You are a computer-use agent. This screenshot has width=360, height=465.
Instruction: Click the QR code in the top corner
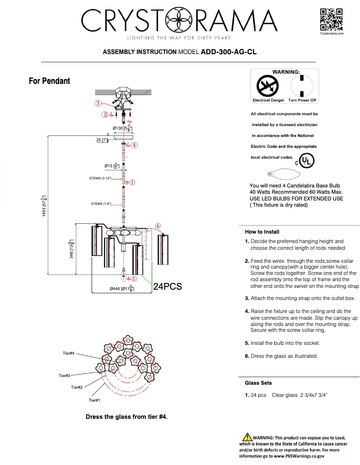(x=332, y=19)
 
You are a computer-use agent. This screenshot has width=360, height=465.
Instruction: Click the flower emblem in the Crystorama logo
(x=178, y=21)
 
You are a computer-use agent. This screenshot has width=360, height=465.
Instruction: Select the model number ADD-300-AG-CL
(x=228, y=52)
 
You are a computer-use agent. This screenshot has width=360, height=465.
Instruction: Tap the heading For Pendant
(x=49, y=81)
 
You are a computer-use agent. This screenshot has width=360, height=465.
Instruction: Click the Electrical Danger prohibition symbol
(x=268, y=85)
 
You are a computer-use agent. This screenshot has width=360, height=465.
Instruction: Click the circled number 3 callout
(x=97, y=103)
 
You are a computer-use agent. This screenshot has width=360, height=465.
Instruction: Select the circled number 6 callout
(x=158, y=226)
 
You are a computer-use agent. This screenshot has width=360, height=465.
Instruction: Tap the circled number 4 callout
(x=134, y=145)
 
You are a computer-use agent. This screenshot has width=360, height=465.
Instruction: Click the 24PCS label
(x=167, y=287)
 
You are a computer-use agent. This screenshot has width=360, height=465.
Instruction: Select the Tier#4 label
(x=68, y=354)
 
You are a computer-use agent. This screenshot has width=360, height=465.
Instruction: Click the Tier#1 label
(x=94, y=400)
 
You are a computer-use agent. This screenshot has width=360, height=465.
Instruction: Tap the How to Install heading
(x=262, y=232)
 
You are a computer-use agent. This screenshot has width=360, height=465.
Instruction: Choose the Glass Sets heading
(x=258, y=383)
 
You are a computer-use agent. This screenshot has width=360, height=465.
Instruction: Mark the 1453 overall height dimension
(x=44, y=206)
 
